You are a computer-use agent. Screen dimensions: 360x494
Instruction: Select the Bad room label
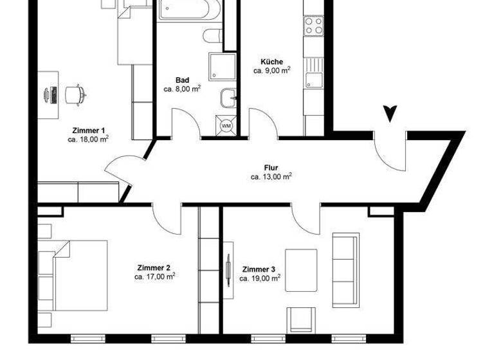(182, 80)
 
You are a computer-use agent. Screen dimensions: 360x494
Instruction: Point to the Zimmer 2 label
(154, 267)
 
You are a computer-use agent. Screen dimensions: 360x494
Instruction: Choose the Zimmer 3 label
(259, 269)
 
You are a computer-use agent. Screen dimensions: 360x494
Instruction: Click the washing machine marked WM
(226, 126)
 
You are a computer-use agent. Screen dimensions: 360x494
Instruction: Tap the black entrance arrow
(389, 114)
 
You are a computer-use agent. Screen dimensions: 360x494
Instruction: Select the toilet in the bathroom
(213, 35)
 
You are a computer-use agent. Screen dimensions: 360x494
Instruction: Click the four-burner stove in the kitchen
(313, 26)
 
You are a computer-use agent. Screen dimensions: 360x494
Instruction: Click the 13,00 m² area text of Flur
(271, 176)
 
